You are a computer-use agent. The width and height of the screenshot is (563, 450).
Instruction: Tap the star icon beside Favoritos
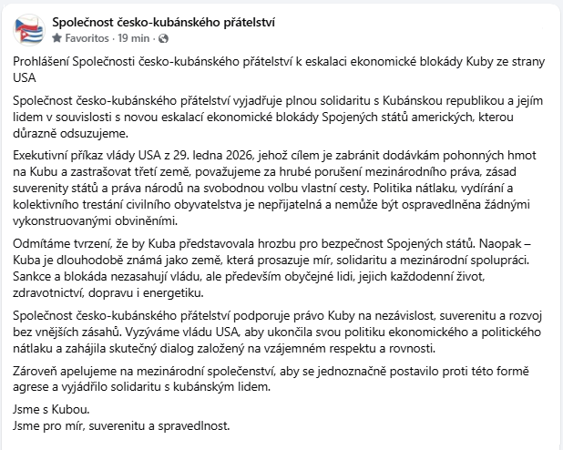click(58, 38)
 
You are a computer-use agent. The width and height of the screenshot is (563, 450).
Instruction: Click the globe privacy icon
click(163, 38)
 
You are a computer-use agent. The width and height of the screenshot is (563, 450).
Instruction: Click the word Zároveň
click(38, 372)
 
